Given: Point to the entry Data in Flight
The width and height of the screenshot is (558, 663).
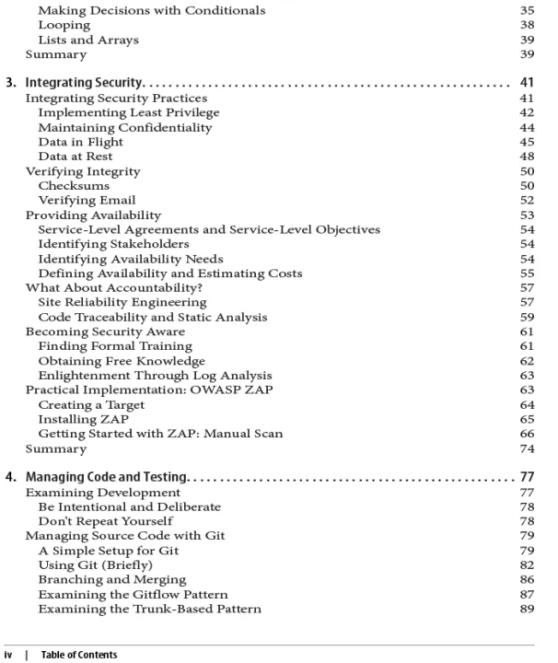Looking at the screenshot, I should click(79, 141).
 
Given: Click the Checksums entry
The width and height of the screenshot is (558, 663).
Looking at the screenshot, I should click(75, 185).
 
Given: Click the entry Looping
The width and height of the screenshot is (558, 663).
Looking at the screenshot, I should click(64, 26).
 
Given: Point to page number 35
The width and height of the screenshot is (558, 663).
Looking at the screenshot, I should click(526, 11).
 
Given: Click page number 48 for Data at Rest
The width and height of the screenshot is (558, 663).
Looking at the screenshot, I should click(526, 156).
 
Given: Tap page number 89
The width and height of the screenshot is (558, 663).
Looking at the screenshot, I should click(526, 609).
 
